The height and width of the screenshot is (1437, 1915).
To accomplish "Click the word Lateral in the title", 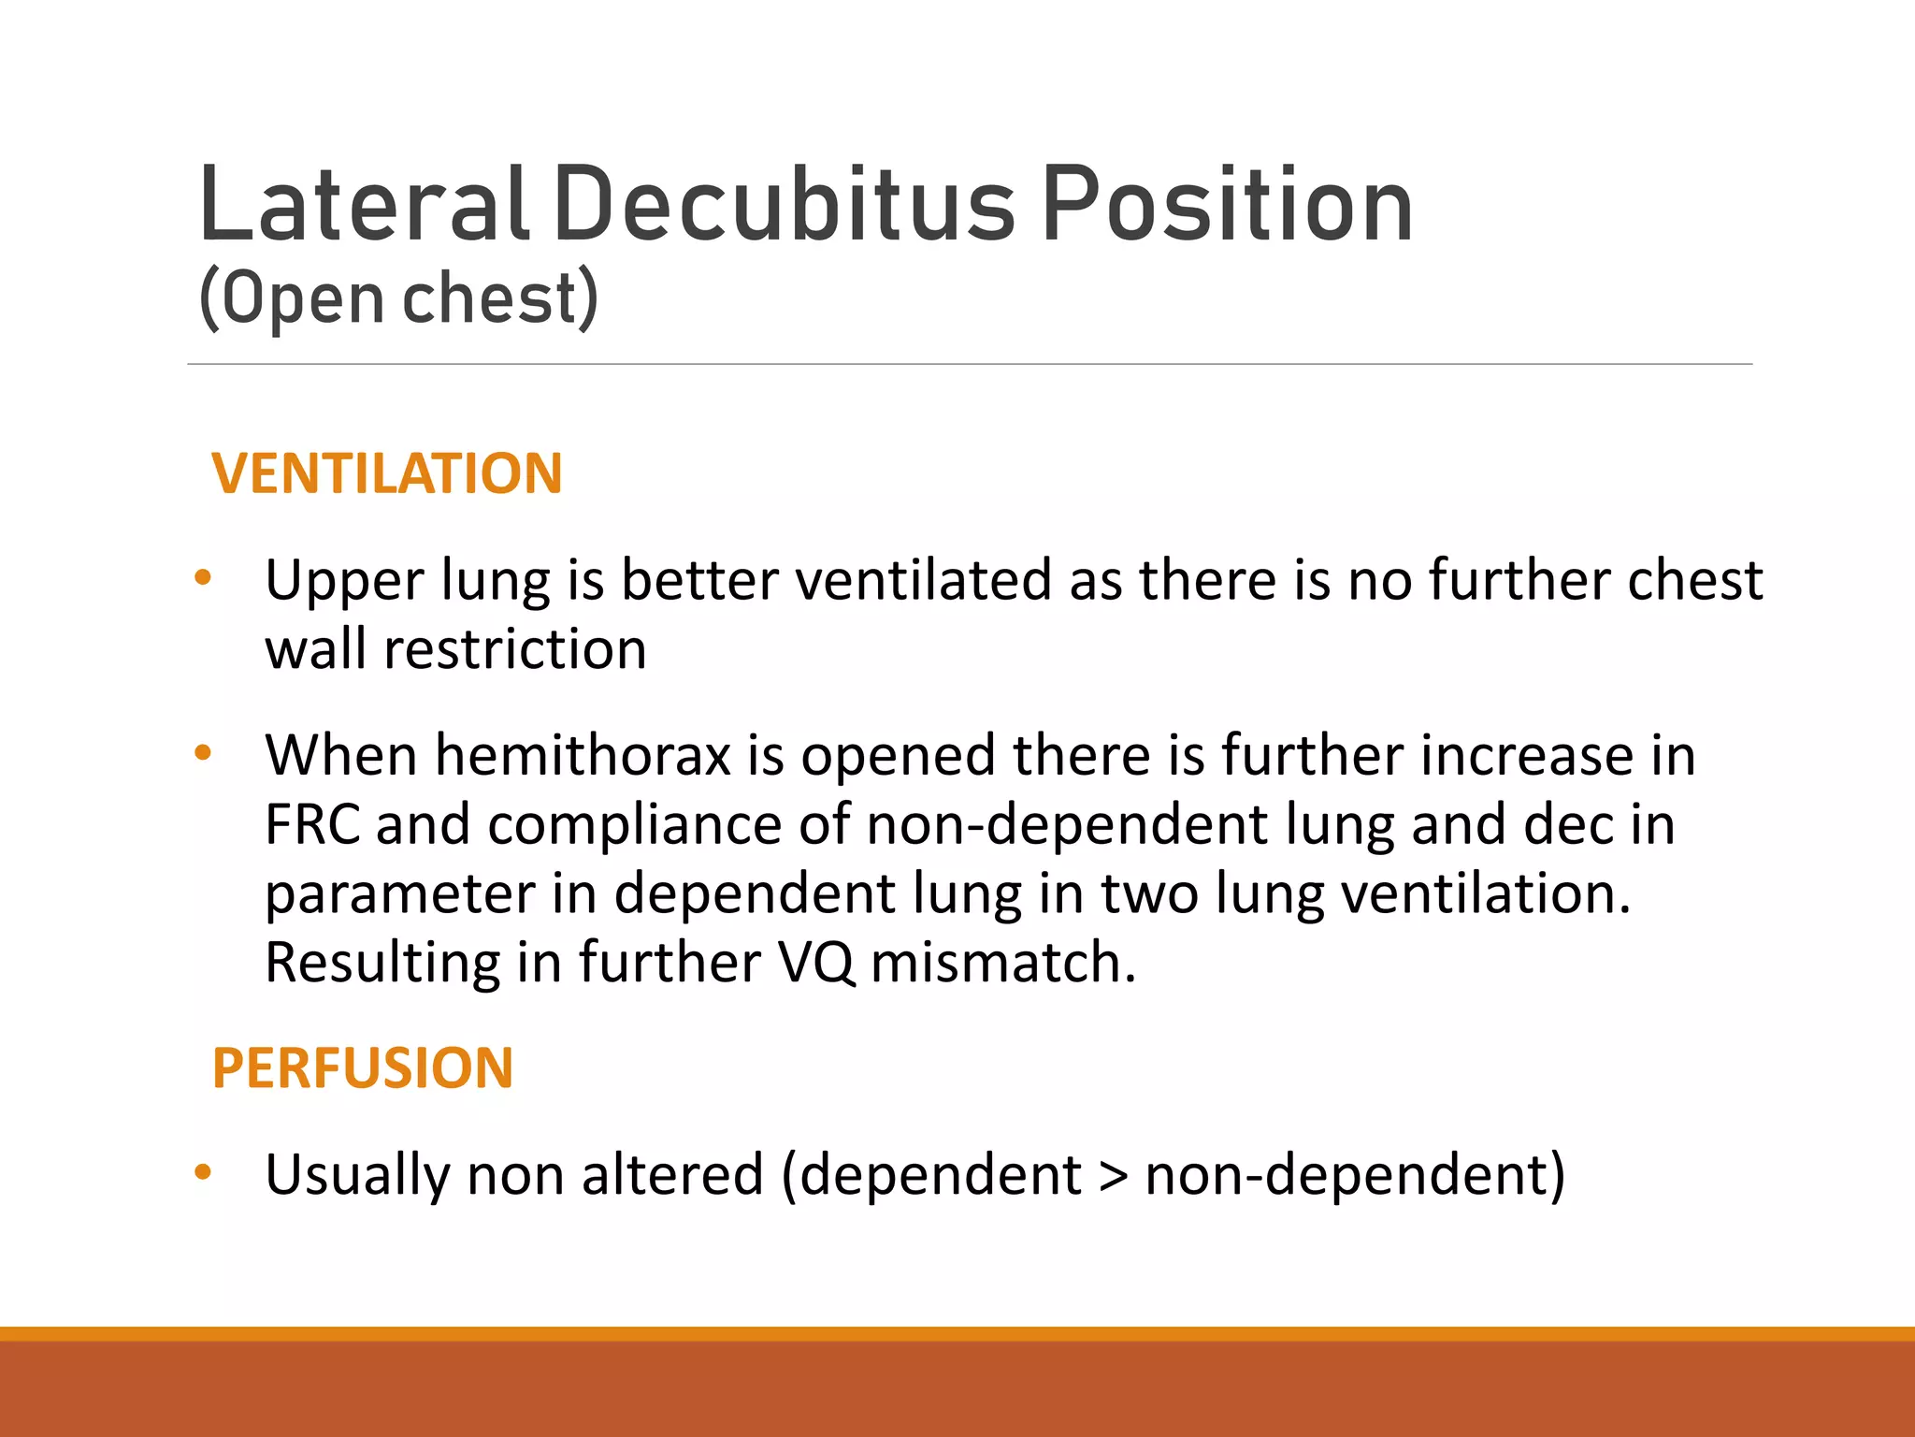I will (364, 204).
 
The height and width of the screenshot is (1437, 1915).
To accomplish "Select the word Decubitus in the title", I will (784, 204).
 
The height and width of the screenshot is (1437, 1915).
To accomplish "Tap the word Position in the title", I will (1226, 204).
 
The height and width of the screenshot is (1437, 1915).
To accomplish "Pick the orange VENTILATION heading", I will (387, 473).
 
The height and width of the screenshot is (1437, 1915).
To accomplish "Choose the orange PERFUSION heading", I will (363, 1067).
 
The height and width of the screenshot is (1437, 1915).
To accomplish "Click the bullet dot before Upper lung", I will (203, 577).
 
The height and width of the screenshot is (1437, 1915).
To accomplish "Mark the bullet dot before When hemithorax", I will (203, 752).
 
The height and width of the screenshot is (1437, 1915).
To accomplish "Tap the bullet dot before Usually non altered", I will (203, 1172).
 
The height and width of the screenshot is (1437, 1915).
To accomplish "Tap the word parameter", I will (399, 894).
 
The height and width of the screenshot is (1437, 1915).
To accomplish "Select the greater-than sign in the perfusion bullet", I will (1113, 1176).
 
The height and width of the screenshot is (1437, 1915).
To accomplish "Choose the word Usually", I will (356, 1175).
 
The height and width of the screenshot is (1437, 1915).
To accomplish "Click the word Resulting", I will (382, 963).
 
